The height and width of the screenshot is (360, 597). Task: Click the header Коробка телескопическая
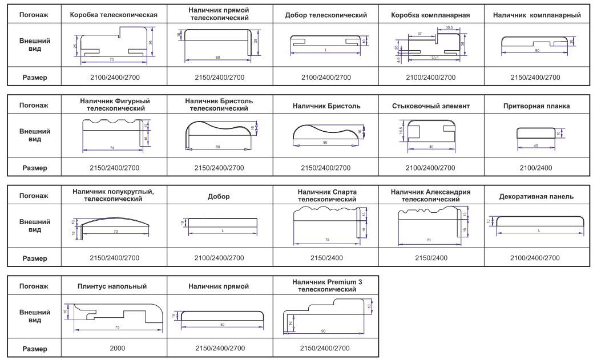[113, 15]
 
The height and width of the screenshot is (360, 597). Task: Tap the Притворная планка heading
[536, 106]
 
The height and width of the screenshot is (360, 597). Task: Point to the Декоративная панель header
[536, 197]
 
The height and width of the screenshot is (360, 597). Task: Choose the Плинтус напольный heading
[113, 286]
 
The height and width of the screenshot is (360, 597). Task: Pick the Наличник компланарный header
[536, 15]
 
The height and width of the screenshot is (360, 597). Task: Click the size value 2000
[113, 348]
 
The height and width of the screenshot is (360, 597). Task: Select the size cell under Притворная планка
[536, 168]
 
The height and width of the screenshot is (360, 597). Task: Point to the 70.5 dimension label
[435, 58]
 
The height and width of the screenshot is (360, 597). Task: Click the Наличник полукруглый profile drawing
[114, 226]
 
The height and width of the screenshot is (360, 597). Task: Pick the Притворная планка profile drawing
[536, 134]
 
